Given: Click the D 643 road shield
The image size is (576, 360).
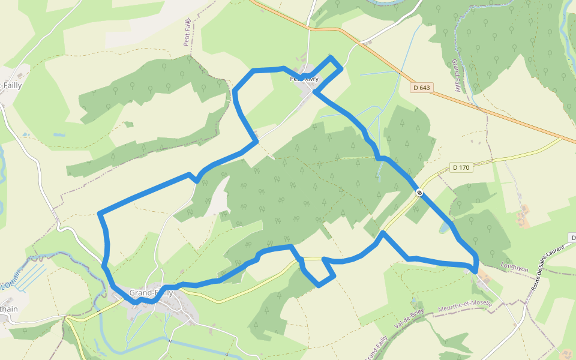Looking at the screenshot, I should click(422, 88).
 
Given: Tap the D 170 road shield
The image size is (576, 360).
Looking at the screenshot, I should click(461, 167).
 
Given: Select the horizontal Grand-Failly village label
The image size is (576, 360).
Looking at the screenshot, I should click(151, 293).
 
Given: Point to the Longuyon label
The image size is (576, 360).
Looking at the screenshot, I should click(514, 268).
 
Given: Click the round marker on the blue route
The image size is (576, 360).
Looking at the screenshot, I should click(419, 193).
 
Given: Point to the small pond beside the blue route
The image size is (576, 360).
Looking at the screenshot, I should click(444, 228).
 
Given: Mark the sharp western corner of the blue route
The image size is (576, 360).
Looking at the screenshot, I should click(100, 213).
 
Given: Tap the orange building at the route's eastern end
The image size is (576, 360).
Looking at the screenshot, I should click(484, 278).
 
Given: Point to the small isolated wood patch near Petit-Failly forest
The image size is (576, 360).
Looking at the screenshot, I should click(128, 124).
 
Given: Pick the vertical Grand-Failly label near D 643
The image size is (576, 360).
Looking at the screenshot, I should click(457, 75).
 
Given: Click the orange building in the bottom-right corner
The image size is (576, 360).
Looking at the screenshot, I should click(565, 355).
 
